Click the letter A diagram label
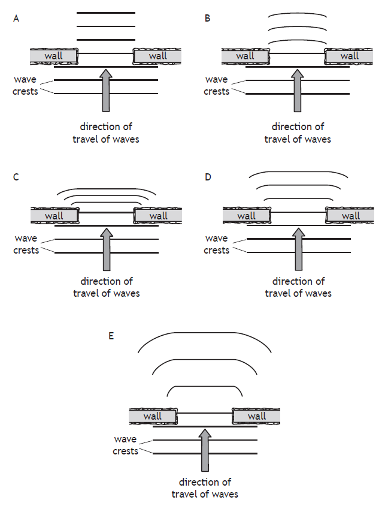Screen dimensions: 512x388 pos(16,19)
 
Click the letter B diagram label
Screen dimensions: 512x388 pos(207,19)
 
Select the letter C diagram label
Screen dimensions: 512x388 pos(16,177)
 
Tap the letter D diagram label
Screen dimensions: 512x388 pos(207,177)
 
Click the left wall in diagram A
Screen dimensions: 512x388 pos(54,56)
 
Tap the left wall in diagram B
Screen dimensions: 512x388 pos(245,56)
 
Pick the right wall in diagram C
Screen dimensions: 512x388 pos(158,216)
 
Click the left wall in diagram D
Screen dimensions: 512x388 pos(246,215)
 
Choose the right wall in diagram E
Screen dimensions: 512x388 pos(256,416)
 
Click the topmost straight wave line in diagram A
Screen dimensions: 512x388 pos(106,13)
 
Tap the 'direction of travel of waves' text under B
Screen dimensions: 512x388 pos(298,133)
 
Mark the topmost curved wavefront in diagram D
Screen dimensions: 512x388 pos(298,171)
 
